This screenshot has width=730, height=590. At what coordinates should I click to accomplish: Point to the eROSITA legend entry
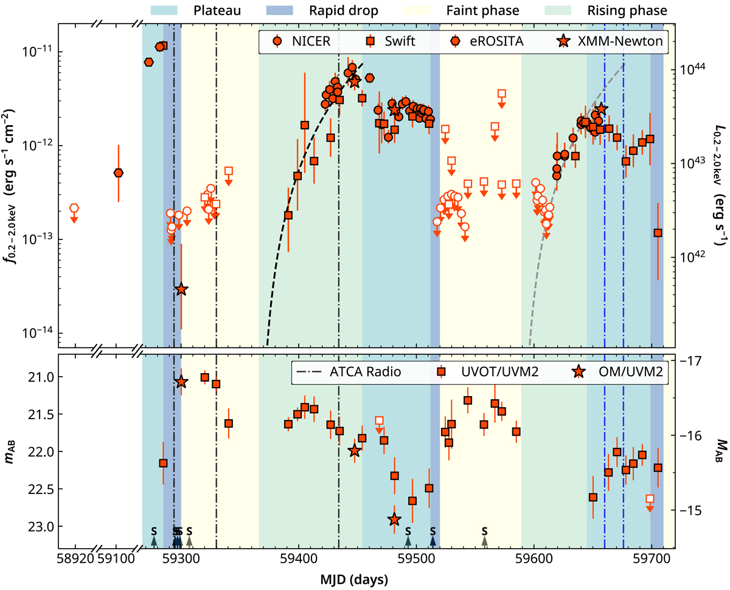pos(488,41)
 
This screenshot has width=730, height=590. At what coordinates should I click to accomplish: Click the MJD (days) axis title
pos(364,579)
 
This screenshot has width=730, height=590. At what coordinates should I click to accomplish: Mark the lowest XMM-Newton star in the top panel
pos(181,290)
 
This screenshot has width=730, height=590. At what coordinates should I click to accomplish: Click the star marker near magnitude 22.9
pos(394,519)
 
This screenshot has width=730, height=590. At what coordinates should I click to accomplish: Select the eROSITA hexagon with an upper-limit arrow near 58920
pos(74,208)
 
